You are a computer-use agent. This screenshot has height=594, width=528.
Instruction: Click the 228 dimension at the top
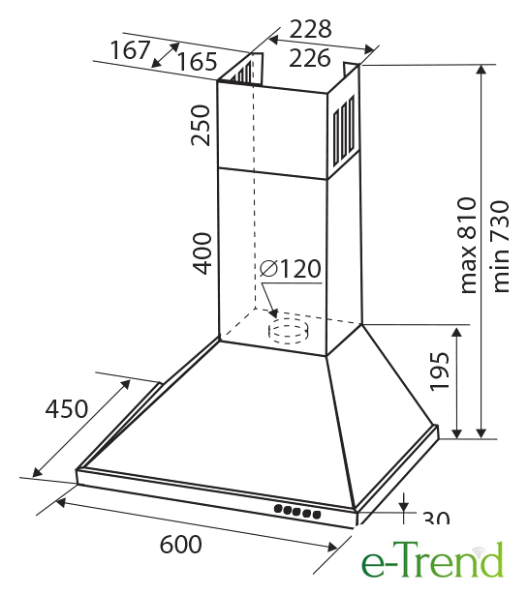[310, 29]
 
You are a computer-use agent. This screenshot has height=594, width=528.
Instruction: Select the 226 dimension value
[309, 58]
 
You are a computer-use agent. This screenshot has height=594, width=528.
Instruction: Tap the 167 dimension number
[130, 50]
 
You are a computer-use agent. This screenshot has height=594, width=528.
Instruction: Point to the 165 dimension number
[198, 61]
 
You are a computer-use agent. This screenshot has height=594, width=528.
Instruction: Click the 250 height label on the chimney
[201, 126]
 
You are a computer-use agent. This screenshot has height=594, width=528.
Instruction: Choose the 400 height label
[202, 253]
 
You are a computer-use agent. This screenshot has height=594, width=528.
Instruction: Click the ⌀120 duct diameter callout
[291, 268]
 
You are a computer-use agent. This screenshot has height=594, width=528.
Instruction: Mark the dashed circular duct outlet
[289, 331]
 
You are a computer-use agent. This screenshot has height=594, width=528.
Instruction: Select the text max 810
[468, 246]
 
